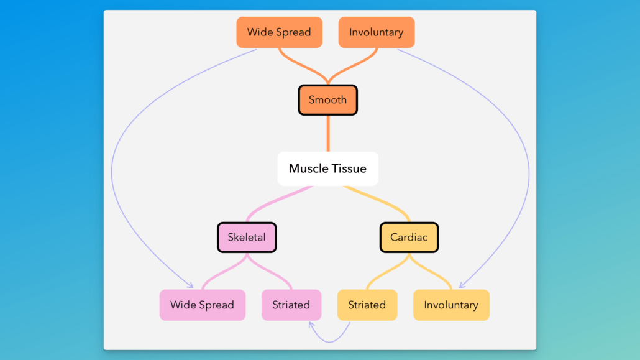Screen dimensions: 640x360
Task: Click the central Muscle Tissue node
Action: click(327, 168)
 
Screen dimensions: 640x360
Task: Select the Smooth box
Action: click(327, 99)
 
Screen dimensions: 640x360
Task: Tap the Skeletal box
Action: click(247, 238)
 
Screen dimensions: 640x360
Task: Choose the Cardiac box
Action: click(409, 238)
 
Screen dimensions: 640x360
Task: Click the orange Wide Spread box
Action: click(279, 32)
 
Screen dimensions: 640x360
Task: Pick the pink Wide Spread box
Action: click(203, 305)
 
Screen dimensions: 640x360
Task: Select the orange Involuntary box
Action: click(377, 32)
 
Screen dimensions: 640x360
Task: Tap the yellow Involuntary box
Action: click(451, 305)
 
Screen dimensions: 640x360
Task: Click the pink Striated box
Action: click(291, 305)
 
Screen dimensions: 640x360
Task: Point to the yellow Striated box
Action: click(367, 305)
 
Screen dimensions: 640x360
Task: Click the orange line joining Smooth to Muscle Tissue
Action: click(328, 133)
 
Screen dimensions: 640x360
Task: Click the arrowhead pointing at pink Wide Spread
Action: click(190, 285)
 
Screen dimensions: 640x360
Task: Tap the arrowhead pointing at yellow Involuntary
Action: click(462, 285)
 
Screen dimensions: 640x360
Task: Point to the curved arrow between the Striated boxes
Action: click(330, 341)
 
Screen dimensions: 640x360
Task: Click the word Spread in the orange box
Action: click(293, 32)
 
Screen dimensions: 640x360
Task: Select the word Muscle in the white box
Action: click(305, 168)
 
